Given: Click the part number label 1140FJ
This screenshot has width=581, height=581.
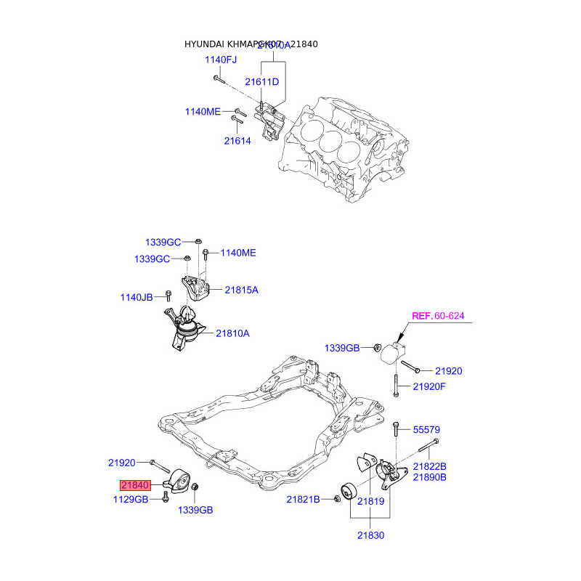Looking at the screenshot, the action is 221,60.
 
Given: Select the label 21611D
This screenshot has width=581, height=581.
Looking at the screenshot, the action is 261,82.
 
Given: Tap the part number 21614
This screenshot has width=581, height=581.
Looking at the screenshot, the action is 237,141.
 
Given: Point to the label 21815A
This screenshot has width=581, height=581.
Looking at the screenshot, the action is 241,290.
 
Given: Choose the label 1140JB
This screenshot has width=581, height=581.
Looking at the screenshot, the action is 137,297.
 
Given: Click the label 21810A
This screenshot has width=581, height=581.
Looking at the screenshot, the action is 232,333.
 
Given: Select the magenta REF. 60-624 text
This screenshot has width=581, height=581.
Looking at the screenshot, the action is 438,316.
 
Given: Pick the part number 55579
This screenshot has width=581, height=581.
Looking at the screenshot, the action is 426,429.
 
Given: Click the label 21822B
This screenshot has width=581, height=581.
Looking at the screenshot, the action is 430,466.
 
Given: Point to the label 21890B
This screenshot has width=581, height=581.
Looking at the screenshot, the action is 430,477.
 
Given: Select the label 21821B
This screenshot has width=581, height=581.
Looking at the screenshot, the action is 303,499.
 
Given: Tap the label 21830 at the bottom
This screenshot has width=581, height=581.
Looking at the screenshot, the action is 370,536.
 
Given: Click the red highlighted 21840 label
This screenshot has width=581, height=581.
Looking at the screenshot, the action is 135,486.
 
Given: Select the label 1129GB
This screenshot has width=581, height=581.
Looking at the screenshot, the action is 131,499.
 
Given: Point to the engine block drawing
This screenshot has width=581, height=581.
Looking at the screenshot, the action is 341,145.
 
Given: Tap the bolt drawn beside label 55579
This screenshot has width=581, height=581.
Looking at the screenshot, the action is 395,430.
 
